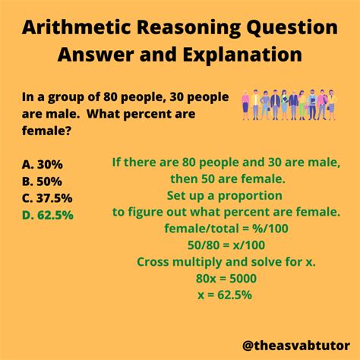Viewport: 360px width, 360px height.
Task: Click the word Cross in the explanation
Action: click(155, 261)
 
